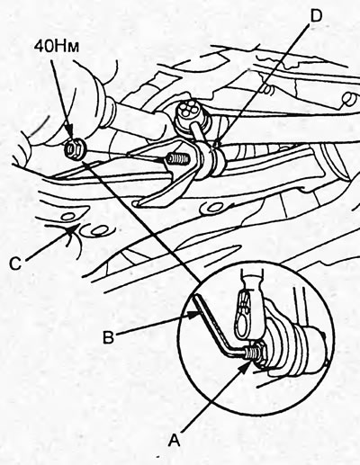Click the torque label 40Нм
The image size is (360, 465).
pos(56,47)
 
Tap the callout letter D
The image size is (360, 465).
pos(315,16)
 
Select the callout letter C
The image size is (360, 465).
pos(15,264)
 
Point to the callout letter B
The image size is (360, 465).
pos(108,337)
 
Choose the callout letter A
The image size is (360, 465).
pos(175,441)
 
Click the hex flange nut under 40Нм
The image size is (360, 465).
pos(75,148)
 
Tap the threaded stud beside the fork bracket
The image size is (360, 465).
pos(177,158)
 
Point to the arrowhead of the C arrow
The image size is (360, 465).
pos(74,229)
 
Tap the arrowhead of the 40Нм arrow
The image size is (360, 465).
pos(69,138)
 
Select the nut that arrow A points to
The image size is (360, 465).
pos(257,353)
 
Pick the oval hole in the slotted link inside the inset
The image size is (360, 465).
pos(246,316)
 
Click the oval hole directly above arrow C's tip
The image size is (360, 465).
pos(68,216)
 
